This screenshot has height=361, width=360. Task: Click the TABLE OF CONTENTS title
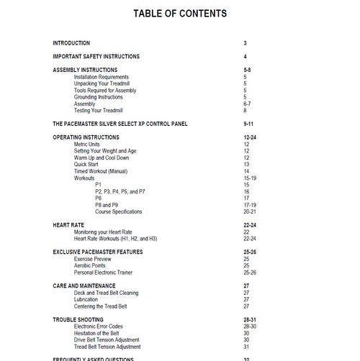(180, 14)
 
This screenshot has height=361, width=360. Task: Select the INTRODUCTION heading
(71, 43)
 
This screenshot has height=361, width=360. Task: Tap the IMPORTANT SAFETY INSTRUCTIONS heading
(96, 56)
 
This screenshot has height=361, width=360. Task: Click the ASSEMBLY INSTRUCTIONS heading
(85, 70)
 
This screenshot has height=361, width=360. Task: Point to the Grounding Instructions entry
(99, 97)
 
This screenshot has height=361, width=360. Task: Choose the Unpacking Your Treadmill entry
(102, 83)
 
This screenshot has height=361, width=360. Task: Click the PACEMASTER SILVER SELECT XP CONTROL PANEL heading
(120, 124)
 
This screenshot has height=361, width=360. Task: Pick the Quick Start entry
(86, 164)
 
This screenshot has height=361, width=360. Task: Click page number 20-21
(250, 211)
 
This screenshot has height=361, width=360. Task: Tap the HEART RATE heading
(69, 225)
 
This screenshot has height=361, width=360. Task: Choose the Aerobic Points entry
(91, 265)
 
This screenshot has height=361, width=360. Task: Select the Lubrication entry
(88, 300)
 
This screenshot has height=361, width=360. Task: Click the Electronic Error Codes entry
(102, 326)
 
